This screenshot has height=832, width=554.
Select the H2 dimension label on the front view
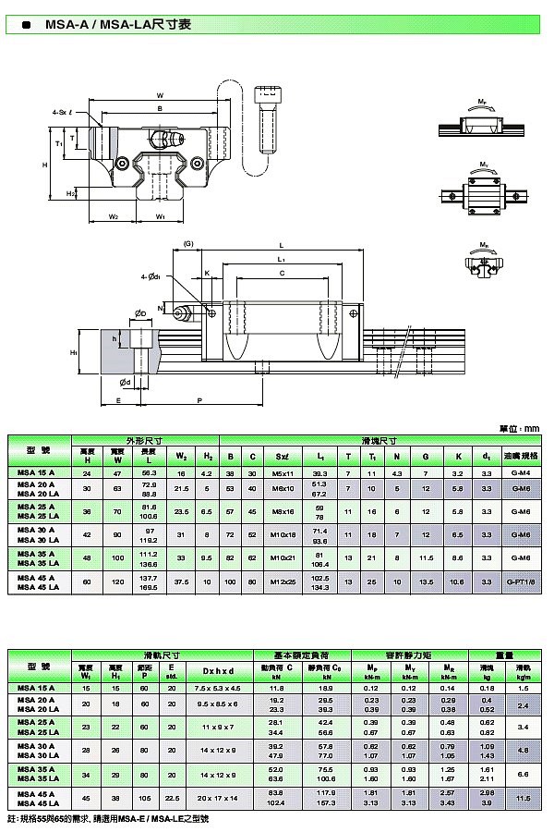[70, 194]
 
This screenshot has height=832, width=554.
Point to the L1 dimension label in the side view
[281, 260]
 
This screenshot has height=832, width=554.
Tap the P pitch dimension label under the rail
[199, 399]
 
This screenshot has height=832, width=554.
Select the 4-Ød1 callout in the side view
[151, 275]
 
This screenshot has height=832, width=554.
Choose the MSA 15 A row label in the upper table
[36, 473]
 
